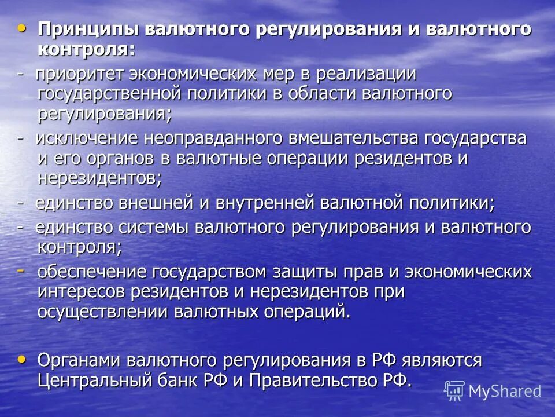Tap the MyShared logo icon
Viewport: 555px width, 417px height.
tap(454, 391)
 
